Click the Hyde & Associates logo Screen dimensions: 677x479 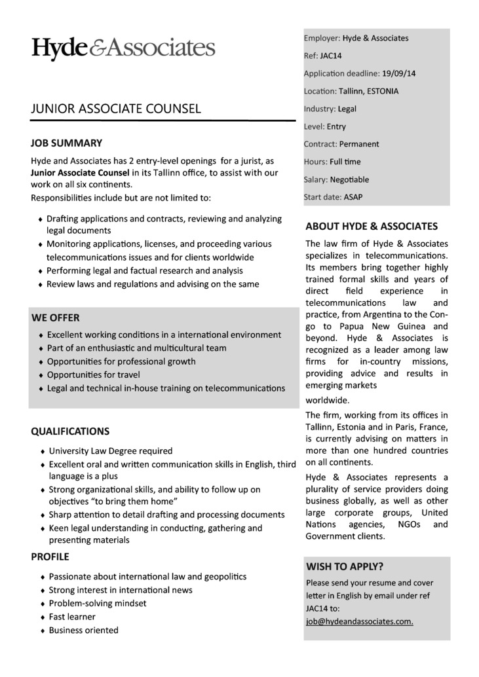[123, 48]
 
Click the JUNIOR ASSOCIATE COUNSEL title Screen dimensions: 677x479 [116, 109]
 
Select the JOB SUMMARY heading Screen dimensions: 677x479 [66, 143]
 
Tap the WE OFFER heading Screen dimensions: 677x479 [56, 318]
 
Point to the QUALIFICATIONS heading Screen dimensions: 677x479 [70, 431]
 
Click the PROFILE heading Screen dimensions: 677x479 [50, 557]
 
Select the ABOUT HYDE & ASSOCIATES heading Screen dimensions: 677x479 [372, 227]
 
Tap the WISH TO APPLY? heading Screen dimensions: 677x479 [345, 566]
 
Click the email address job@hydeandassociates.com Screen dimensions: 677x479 [359, 621]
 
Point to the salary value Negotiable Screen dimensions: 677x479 [349, 179]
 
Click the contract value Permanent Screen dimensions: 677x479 [359, 144]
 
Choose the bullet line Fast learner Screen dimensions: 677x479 [72, 617]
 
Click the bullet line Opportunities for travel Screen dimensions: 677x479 [93, 375]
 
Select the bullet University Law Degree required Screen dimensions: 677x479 [111, 450]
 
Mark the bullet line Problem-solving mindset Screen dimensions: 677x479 [98, 603]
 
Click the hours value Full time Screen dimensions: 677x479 [345, 162]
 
